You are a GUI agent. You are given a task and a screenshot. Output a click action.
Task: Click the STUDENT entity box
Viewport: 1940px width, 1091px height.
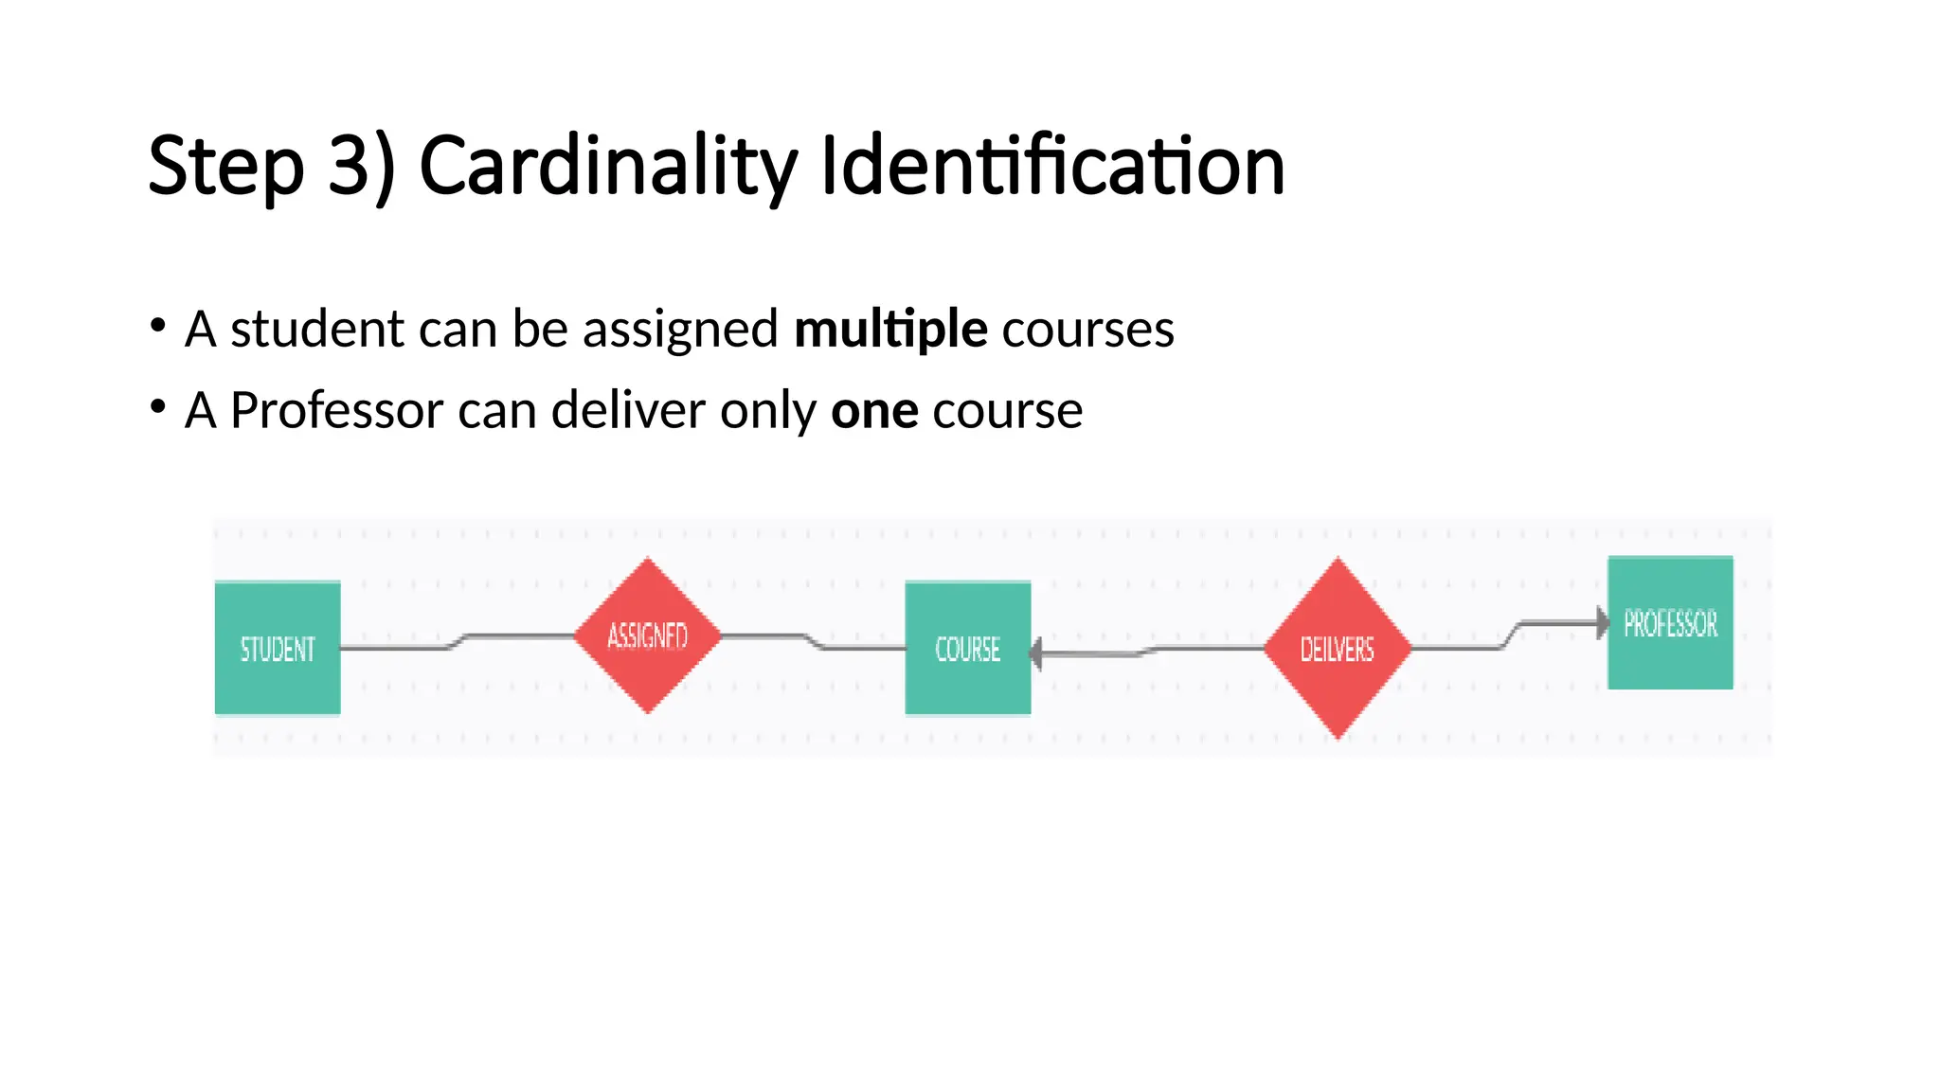[x=278, y=648]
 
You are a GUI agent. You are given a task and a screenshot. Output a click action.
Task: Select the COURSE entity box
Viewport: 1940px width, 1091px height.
[x=967, y=648]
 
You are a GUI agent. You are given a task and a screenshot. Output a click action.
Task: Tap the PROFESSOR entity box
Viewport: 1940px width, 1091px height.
[x=1670, y=622]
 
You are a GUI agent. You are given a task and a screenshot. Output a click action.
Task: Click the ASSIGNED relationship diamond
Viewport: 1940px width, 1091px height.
[x=648, y=635]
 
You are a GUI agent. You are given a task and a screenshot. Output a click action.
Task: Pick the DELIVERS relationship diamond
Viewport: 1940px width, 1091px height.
[x=1337, y=649]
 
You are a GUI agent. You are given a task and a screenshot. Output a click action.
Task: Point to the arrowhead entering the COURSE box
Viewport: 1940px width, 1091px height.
[x=1037, y=653]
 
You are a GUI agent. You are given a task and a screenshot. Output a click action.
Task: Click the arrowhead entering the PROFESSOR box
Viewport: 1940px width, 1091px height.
[x=1602, y=622]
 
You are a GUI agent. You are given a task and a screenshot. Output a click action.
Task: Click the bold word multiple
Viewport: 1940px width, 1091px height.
[x=890, y=329]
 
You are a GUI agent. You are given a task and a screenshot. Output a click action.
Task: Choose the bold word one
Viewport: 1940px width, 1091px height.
[x=873, y=410]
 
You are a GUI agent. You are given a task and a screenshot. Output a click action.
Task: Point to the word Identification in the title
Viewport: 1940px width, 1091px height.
[x=1051, y=167]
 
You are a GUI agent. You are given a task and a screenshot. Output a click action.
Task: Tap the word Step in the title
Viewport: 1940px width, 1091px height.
[x=225, y=167]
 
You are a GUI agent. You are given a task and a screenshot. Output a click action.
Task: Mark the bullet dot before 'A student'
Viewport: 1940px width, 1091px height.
[x=158, y=326]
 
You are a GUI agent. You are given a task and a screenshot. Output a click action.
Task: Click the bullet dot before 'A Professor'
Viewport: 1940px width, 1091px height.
[x=158, y=407]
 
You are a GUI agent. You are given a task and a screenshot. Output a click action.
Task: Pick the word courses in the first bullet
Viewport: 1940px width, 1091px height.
[x=1087, y=329]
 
